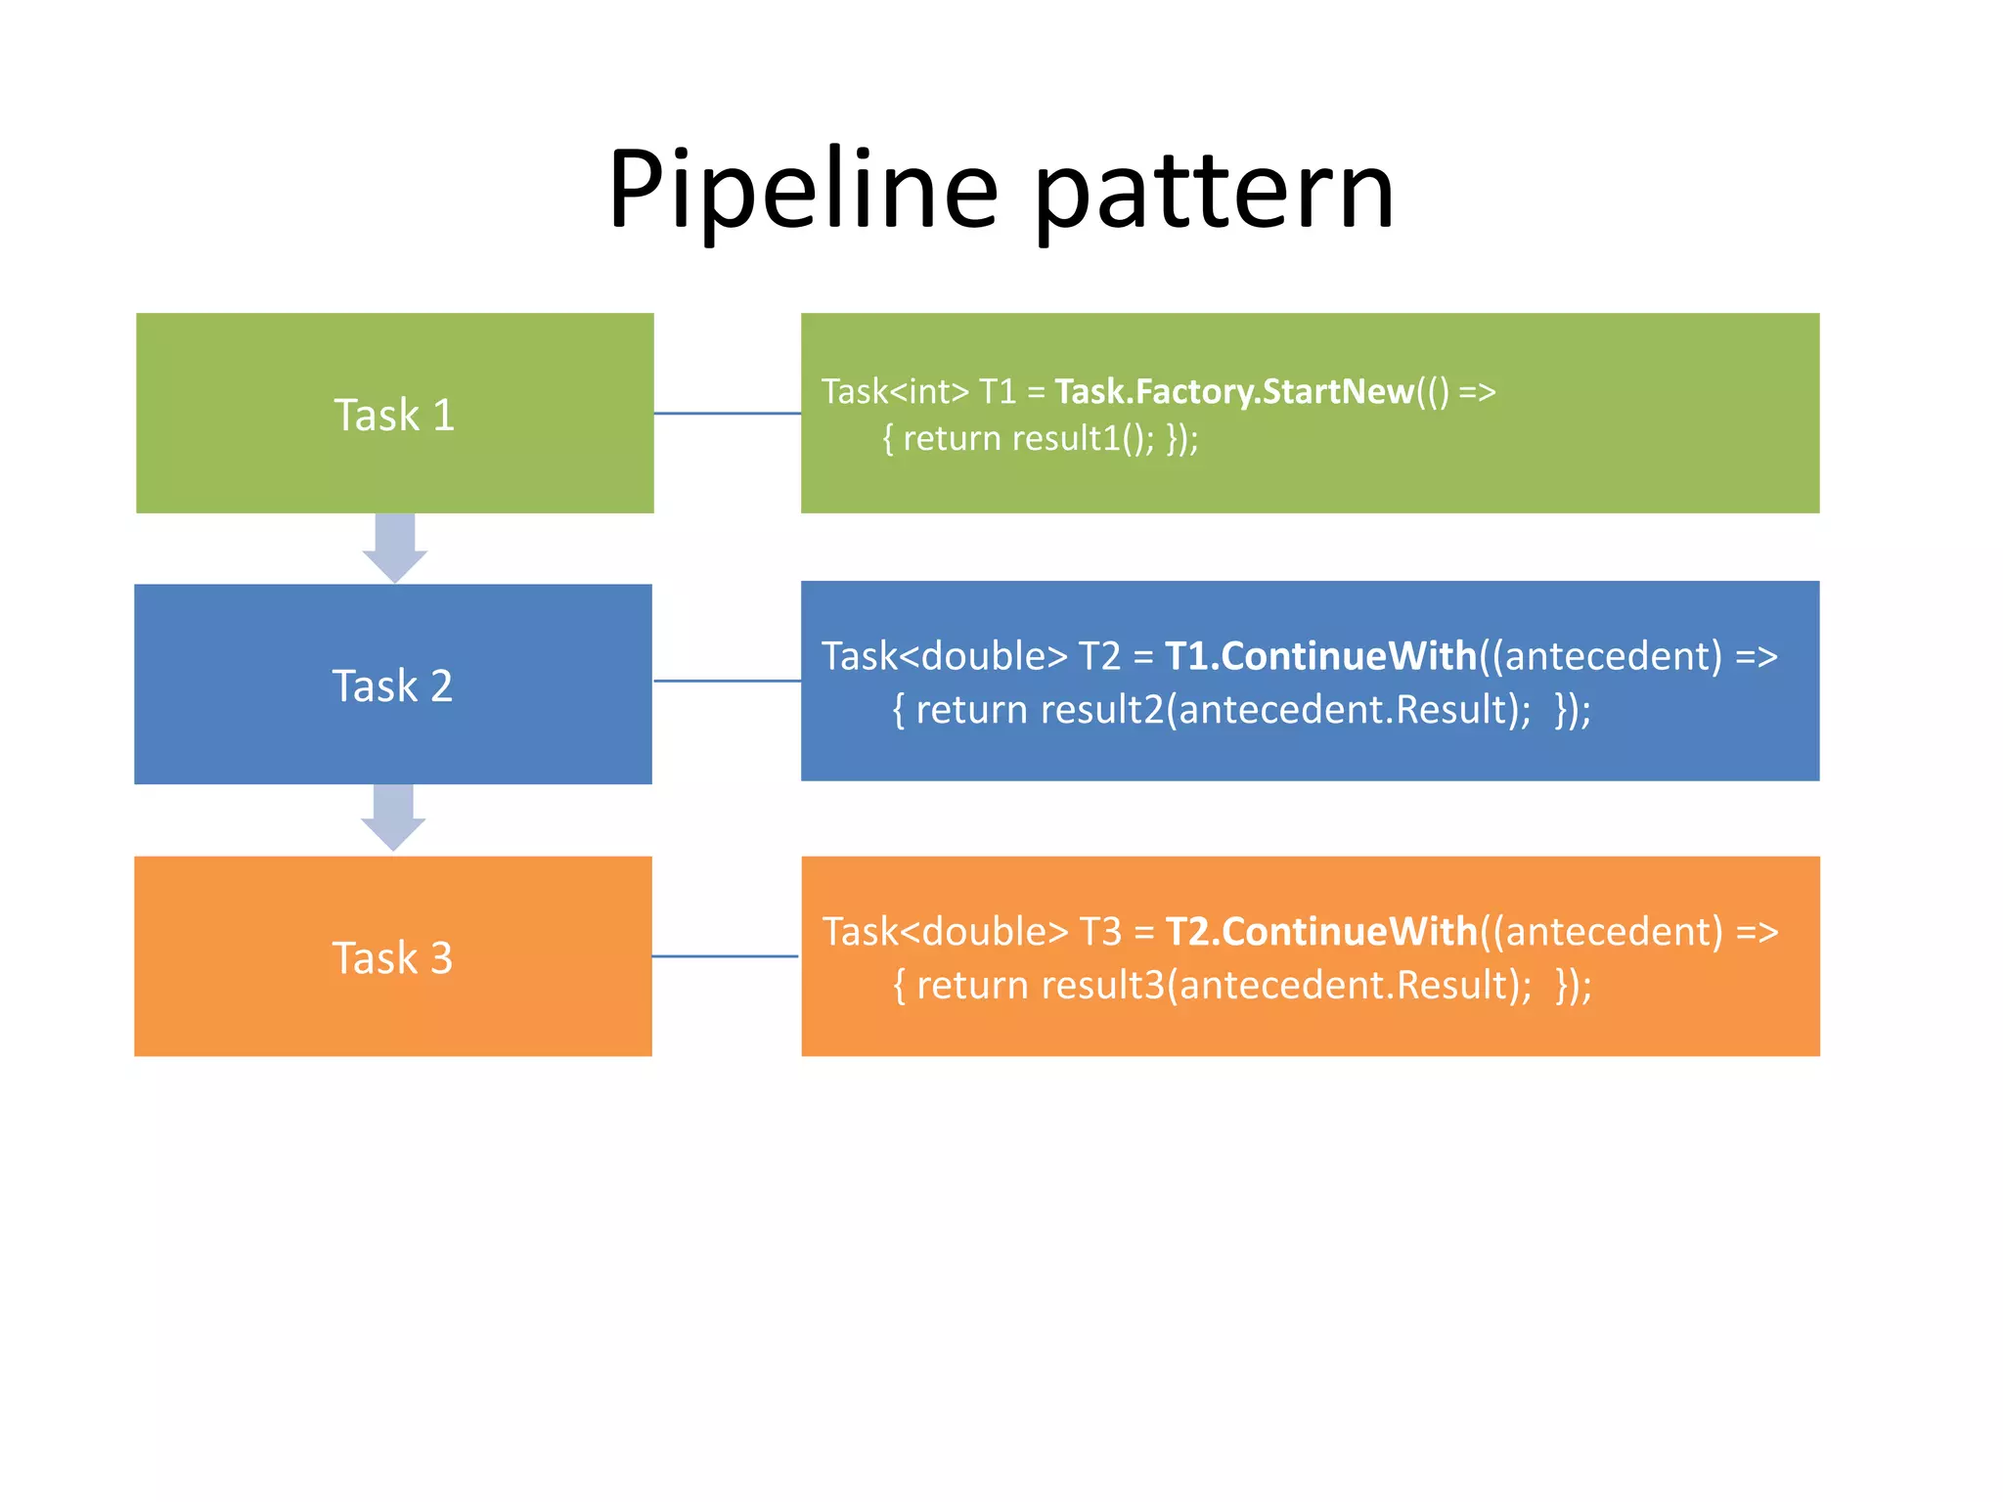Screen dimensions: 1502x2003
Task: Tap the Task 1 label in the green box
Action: [394, 415]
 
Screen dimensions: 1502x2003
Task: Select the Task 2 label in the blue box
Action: [392, 685]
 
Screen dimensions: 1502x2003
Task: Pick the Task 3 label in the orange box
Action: [392, 957]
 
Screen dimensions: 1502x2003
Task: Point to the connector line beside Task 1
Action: [727, 414]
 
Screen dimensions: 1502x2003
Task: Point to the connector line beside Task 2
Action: [727, 681]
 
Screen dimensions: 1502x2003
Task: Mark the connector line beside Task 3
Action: [726, 956]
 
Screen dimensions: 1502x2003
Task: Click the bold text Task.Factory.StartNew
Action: [1234, 391]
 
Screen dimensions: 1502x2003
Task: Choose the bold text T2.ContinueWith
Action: [1321, 932]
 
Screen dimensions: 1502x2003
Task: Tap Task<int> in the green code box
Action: [895, 391]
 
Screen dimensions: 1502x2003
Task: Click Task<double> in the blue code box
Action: [945, 656]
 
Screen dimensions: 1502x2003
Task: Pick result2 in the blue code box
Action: [1102, 709]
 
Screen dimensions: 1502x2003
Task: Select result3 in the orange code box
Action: [1103, 985]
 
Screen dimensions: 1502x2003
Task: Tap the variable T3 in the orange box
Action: [1100, 932]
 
